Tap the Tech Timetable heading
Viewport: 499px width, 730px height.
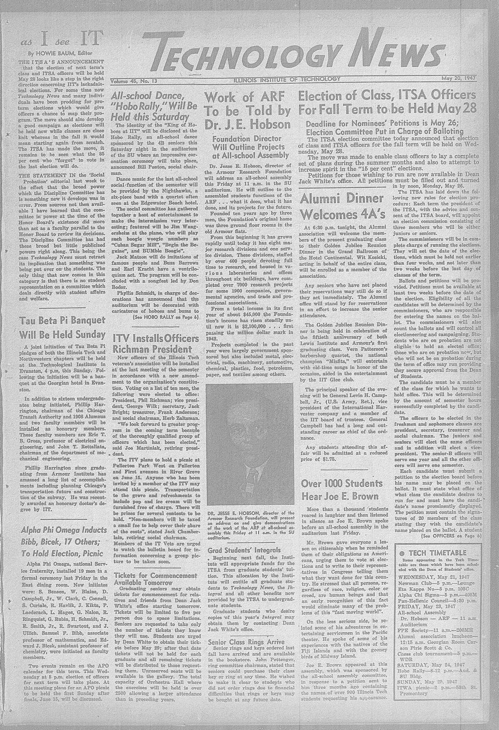pos(435,552)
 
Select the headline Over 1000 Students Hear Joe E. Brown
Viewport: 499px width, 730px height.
pos(342,490)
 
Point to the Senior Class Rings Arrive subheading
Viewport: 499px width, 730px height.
pos(246,642)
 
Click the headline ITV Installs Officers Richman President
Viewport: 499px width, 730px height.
pos(148,343)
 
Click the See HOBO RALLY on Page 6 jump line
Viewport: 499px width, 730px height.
pos(165,317)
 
